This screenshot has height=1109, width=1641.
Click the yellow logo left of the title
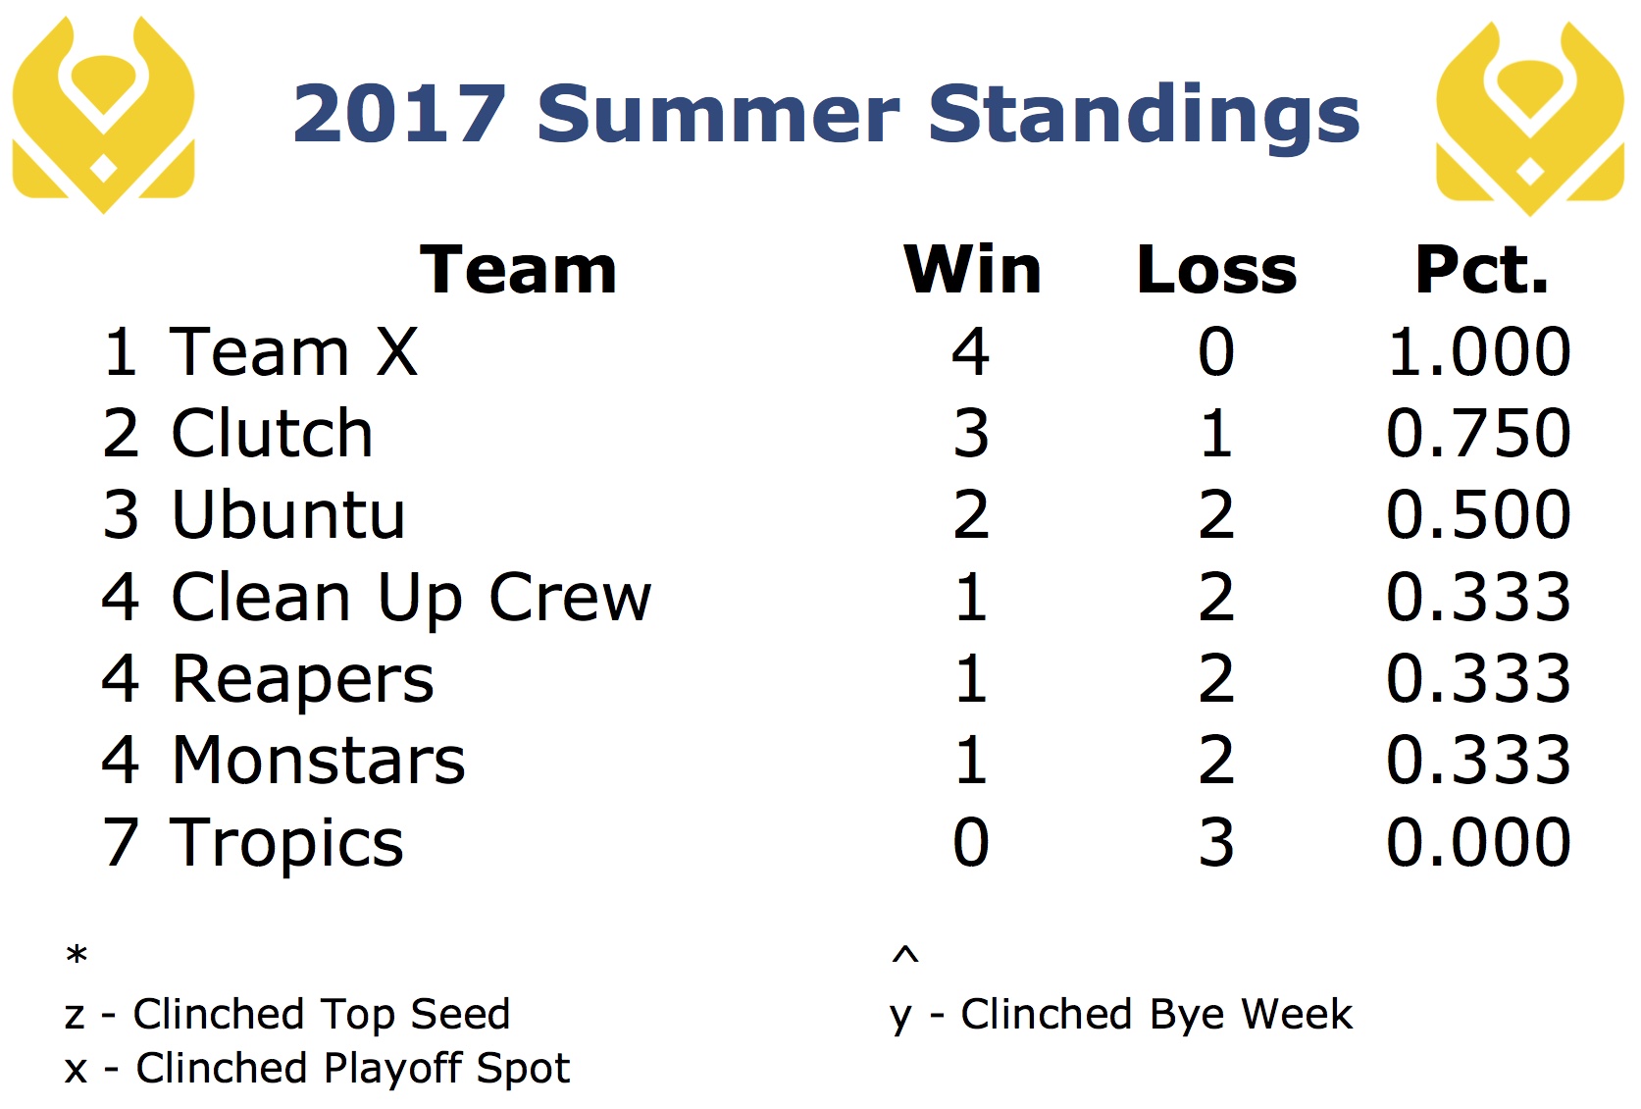(x=103, y=115)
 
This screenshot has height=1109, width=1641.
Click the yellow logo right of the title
(x=1529, y=117)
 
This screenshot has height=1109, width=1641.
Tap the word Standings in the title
(x=1144, y=116)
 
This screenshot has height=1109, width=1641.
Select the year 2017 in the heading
(x=399, y=115)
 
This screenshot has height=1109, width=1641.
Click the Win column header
(x=972, y=270)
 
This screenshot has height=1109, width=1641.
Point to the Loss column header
(x=1217, y=270)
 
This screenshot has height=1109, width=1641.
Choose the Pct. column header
(x=1481, y=270)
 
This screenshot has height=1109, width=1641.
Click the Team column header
(x=518, y=270)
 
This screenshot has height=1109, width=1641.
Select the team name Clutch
(x=272, y=433)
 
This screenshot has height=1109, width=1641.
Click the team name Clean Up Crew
(x=411, y=598)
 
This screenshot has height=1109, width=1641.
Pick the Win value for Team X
(x=971, y=351)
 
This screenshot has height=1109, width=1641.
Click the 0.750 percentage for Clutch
(x=1478, y=433)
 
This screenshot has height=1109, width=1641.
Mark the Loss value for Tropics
(x=1216, y=842)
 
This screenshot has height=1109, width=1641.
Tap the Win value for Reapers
(x=971, y=679)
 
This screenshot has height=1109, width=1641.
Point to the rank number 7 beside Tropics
(x=120, y=842)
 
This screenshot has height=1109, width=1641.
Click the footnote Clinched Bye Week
(x=1156, y=1015)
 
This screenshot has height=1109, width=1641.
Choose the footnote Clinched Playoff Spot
(x=352, y=1069)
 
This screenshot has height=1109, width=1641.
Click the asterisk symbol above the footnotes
(x=77, y=954)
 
